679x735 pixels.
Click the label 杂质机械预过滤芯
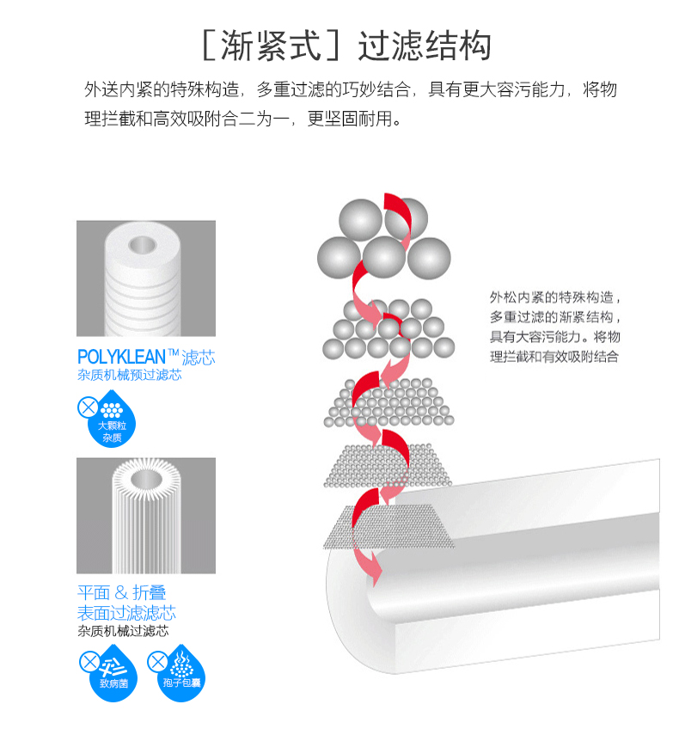(129, 376)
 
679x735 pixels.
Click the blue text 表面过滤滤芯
(126, 613)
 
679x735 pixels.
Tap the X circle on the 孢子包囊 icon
(157, 661)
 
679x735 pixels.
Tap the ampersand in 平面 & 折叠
(121, 593)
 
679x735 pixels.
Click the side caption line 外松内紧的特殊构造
(554, 297)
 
